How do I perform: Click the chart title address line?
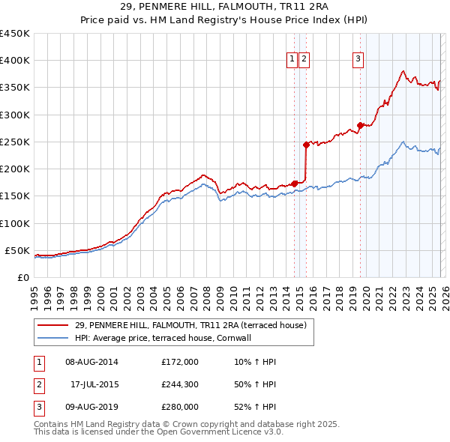224,5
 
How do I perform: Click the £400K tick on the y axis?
15,61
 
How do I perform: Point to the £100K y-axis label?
15,223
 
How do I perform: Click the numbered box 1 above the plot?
291,61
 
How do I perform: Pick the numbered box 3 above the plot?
358,61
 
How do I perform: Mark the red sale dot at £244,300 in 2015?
306,145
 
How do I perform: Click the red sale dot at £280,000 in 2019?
360,125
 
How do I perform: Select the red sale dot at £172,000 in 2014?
294,184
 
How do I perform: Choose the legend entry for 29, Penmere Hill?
190,326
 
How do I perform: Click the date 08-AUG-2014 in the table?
91,362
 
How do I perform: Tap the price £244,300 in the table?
180,384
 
